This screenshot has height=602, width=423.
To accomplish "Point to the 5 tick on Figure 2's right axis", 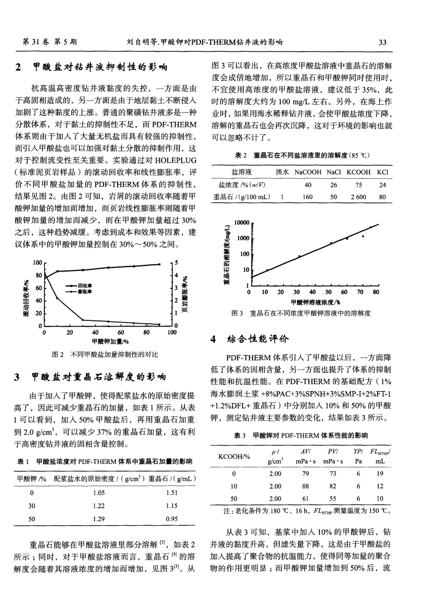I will point(176,263).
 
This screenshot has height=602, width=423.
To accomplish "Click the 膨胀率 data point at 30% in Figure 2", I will point(82,320).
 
